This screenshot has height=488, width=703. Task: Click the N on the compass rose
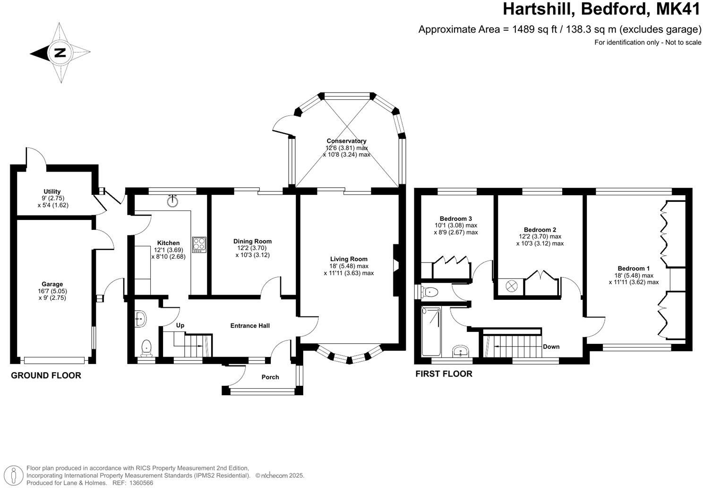coord(60,52)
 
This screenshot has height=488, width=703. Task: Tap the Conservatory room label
coord(346,141)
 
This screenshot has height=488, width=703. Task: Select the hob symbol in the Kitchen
coord(199,244)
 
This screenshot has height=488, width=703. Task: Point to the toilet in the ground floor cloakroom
coord(147,348)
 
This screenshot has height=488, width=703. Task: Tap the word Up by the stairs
coord(180,325)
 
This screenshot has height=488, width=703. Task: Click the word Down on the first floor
coord(551,347)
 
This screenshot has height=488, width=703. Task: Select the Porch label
coord(270,377)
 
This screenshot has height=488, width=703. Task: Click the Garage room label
coord(52,284)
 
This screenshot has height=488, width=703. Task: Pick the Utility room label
coord(52,192)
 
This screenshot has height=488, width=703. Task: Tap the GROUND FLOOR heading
coord(46,375)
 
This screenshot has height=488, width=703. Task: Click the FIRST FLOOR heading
coord(444,374)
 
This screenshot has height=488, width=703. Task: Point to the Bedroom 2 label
coord(540,230)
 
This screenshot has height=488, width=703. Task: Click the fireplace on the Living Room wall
coord(396,270)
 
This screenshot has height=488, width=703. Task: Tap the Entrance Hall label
coord(250,325)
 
